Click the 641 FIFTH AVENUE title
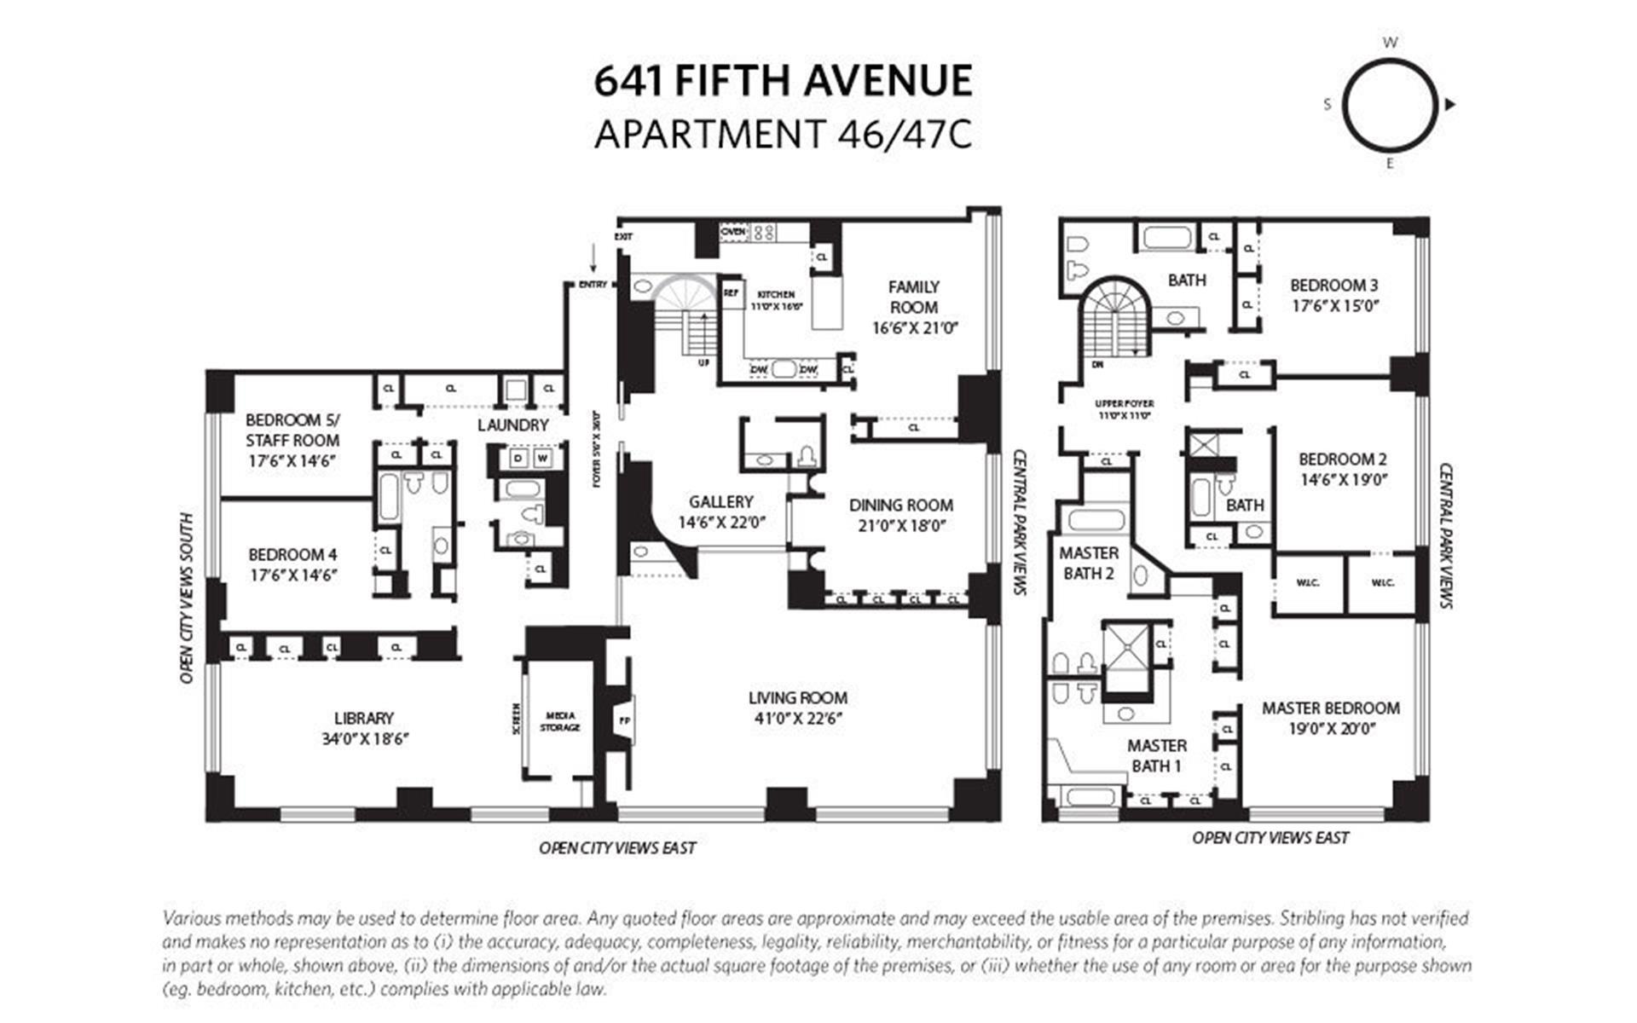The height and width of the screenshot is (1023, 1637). pyautogui.click(x=783, y=82)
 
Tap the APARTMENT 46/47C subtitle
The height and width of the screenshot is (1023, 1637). pyautogui.click(x=783, y=135)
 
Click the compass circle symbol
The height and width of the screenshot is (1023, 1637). pyautogui.click(x=1389, y=105)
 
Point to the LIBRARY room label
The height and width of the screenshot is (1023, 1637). pyautogui.click(x=364, y=718)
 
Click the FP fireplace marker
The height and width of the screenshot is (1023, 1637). pyautogui.click(x=624, y=720)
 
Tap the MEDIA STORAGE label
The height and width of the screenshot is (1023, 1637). pyautogui.click(x=560, y=721)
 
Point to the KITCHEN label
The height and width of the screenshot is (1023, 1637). pyautogui.click(x=776, y=294)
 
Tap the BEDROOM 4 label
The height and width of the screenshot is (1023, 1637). pyautogui.click(x=292, y=554)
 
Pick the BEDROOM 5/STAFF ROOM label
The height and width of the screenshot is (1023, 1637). pyautogui.click(x=292, y=430)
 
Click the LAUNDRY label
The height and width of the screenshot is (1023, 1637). pyautogui.click(x=512, y=425)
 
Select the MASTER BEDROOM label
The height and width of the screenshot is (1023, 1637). pyautogui.click(x=1330, y=708)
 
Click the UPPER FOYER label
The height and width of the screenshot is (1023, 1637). pyautogui.click(x=1125, y=404)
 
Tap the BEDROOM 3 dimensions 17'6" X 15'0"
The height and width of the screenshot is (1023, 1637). pyautogui.click(x=1333, y=306)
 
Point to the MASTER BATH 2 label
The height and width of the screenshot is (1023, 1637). pyautogui.click(x=1088, y=563)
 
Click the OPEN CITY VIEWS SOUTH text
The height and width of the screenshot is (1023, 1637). pyautogui.click(x=187, y=598)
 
